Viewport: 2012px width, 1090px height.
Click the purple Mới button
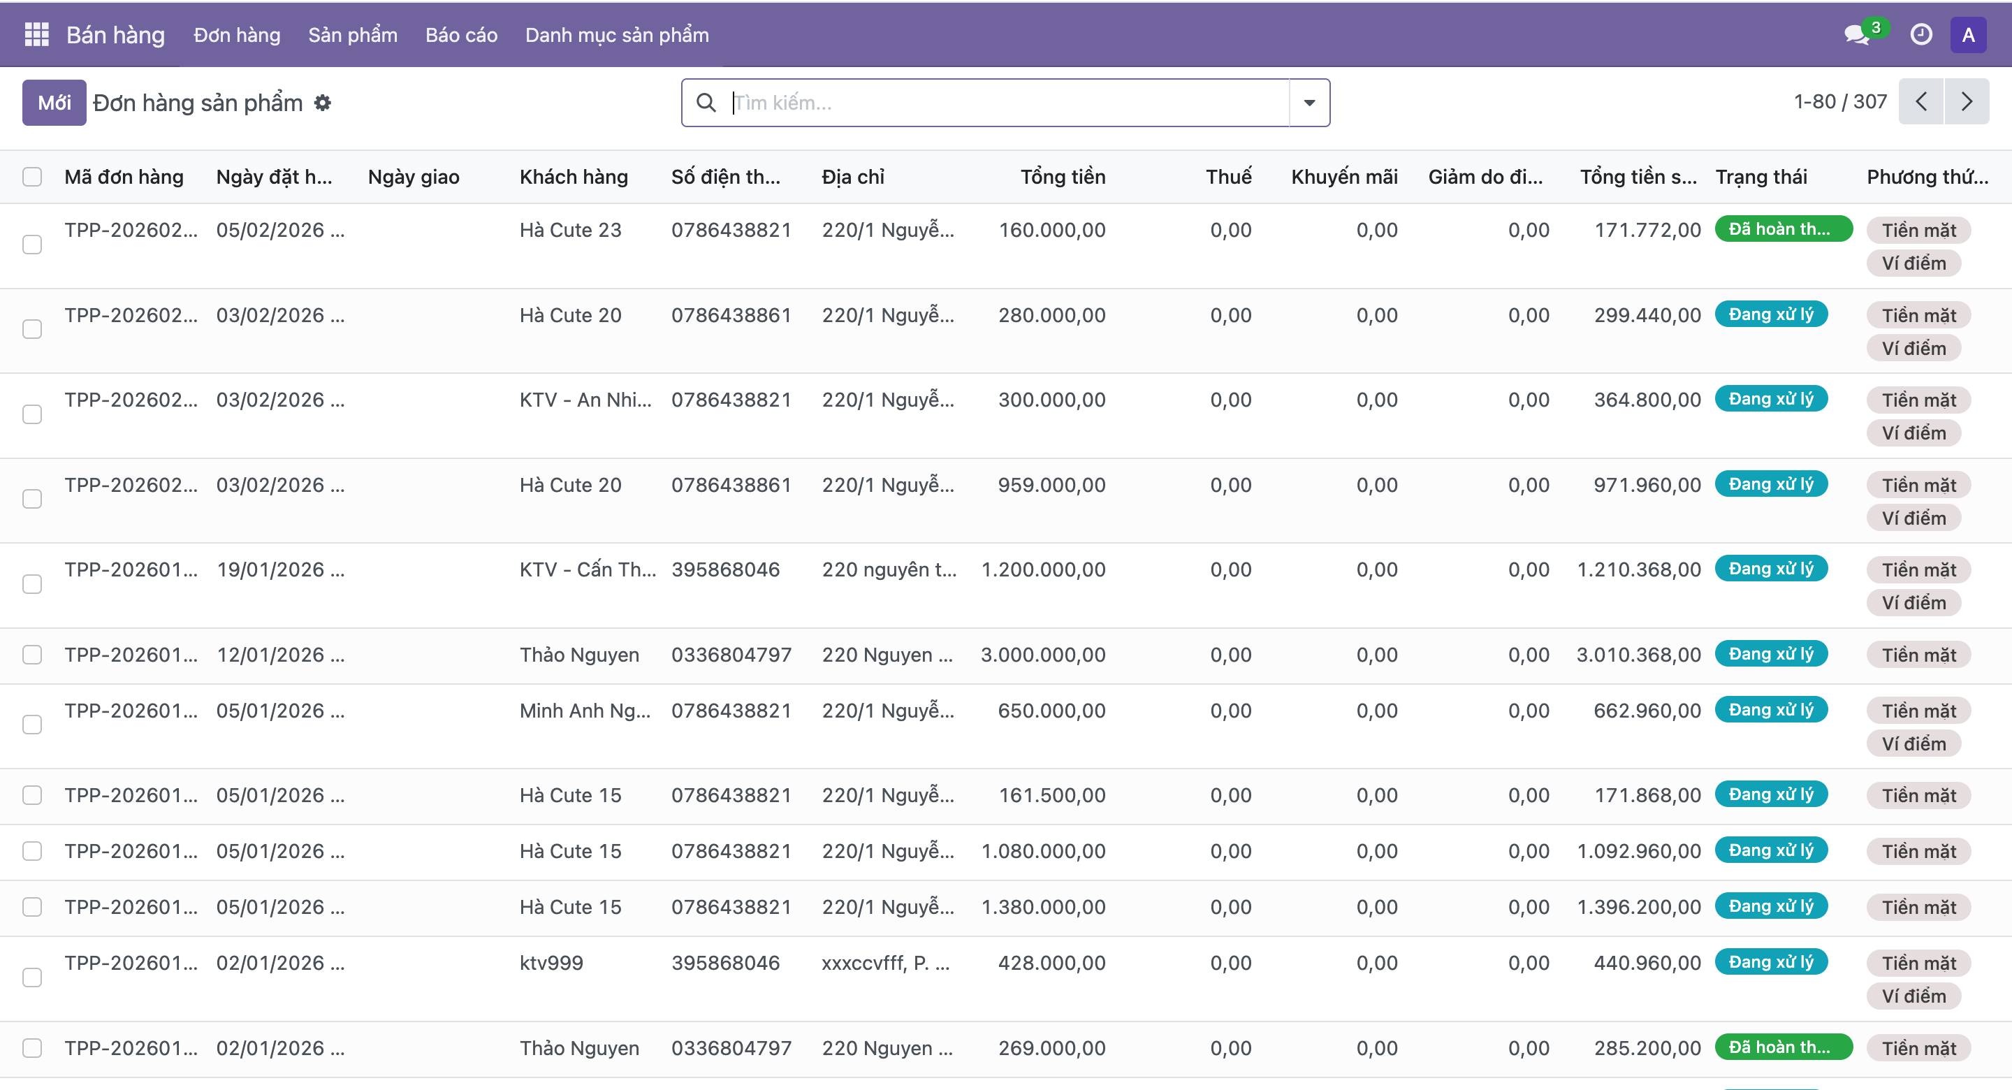pos(54,102)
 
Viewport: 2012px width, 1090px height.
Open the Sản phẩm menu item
pos(352,35)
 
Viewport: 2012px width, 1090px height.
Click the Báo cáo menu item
pos(461,35)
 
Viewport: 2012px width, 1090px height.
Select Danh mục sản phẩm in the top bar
pos(616,35)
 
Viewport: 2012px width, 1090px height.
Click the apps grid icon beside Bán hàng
pos(37,35)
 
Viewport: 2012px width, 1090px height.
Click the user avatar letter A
pos(1967,35)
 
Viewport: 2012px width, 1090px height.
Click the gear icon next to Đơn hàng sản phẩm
pos(323,102)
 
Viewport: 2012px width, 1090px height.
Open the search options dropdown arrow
pos(1309,102)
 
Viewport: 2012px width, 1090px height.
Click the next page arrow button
pos(1967,101)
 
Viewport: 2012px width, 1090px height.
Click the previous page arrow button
pos(1921,101)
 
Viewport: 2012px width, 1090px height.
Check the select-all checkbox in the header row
pos(32,177)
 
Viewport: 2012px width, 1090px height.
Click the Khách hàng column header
pos(574,177)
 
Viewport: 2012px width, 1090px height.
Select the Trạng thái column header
pos(1760,177)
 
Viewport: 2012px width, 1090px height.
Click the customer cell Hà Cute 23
pos(570,230)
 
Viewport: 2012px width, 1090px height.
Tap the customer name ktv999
pos(551,963)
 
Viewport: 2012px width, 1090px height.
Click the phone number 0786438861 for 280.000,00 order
pos(731,315)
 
